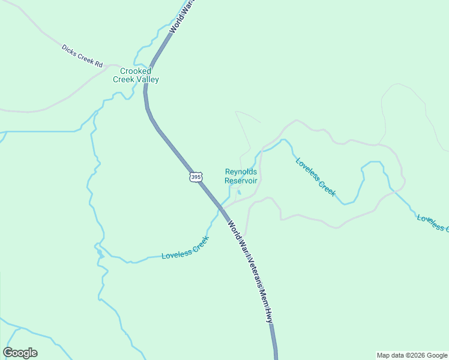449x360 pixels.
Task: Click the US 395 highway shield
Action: [x=196, y=177]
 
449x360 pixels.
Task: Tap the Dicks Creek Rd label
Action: [x=82, y=55]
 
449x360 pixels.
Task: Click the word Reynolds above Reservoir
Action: [x=241, y=172]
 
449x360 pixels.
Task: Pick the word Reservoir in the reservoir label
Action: [x=241, y=181]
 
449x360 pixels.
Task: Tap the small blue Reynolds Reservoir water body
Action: [x=238, y=193]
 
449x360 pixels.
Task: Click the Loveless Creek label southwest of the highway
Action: [x=185, y=248]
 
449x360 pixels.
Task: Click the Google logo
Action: [x=20, y=353]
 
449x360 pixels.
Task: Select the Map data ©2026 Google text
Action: [x=412, y=355]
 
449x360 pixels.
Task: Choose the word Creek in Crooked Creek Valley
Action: [x=125, y=80]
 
